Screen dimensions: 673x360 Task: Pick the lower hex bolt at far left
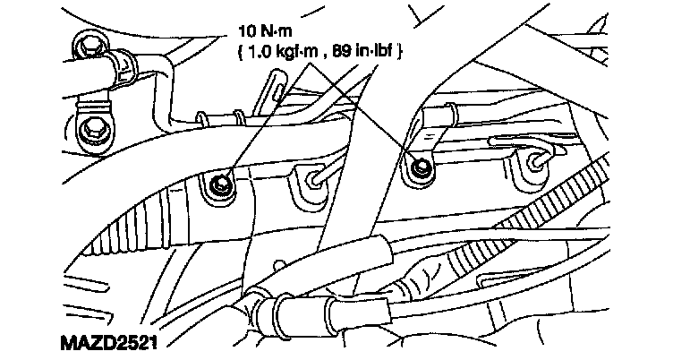click(x=89, y=132)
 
